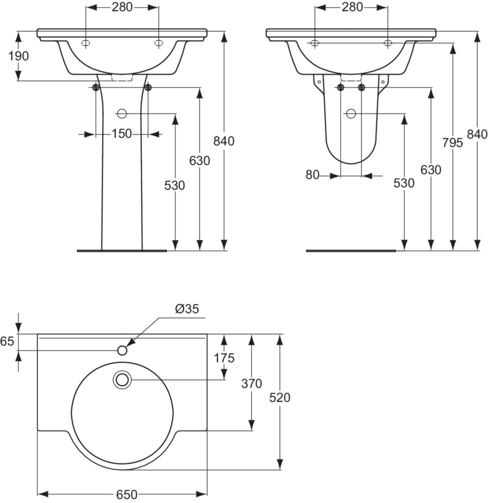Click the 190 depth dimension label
(19, 56)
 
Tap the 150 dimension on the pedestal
(122, 134)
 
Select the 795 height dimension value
(452, 143)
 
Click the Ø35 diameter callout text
(186, 309)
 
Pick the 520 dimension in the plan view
(280, 397)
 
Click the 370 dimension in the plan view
(251, 384)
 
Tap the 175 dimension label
(224, 358)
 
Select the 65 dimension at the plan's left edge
(7, 342)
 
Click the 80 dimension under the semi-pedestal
(313, 175)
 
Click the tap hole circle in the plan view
(122, 350)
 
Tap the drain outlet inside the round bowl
(122, 380)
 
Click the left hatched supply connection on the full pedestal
(96, 87)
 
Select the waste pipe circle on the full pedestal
(122, 113)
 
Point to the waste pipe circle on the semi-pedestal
(351, 113)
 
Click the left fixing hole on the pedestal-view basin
(85, 43)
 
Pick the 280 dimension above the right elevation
(352, 7)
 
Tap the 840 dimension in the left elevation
(224, 141)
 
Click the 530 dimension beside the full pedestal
(175, 185)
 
